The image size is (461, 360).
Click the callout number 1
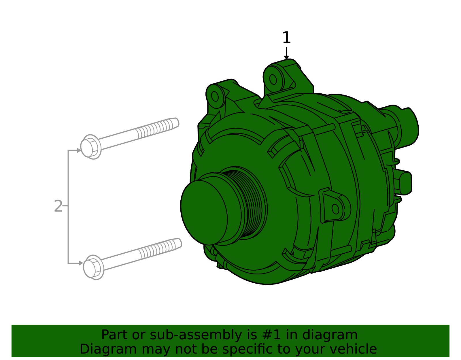point(286,38)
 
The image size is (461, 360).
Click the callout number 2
point(58,206)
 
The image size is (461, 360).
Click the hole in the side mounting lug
point(335,209)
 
